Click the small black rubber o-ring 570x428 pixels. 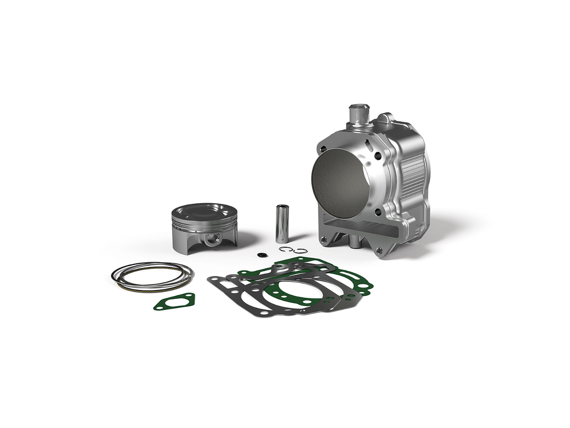[x=259, y=255]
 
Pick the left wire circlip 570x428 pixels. [x=284, y=250]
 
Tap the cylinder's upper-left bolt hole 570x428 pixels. [x=324, y=149]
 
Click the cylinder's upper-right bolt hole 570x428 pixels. [x=379, y=155]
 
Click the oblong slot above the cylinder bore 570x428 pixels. [x=368, y=146]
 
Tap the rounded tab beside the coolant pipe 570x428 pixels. [x=383, y=119]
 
